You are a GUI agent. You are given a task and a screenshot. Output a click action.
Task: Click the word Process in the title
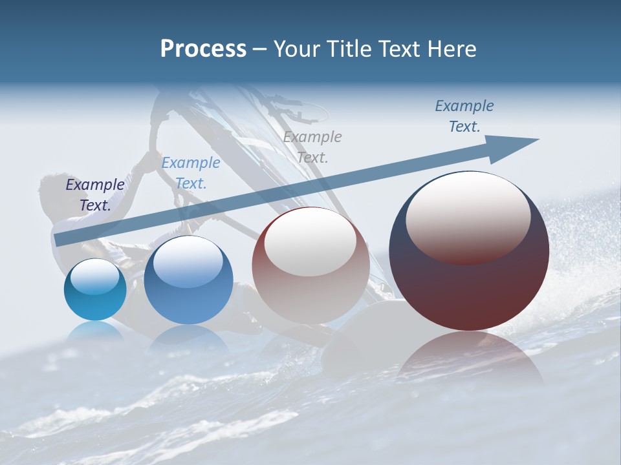tap(203, 49)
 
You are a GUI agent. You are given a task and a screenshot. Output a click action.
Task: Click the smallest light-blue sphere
tap(95, 290)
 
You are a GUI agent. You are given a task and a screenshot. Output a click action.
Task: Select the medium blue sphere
tap(188, 280)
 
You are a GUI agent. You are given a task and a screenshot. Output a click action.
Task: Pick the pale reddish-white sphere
tap(310, 265)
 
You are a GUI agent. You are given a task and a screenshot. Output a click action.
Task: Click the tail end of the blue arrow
tap(58, 240)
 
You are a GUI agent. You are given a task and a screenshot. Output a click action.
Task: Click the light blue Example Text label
tap(191, 173)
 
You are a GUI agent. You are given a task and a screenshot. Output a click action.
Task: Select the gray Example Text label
tap(312, 147)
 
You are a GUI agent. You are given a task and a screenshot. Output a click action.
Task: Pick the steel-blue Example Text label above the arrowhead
tap(464, 116)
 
